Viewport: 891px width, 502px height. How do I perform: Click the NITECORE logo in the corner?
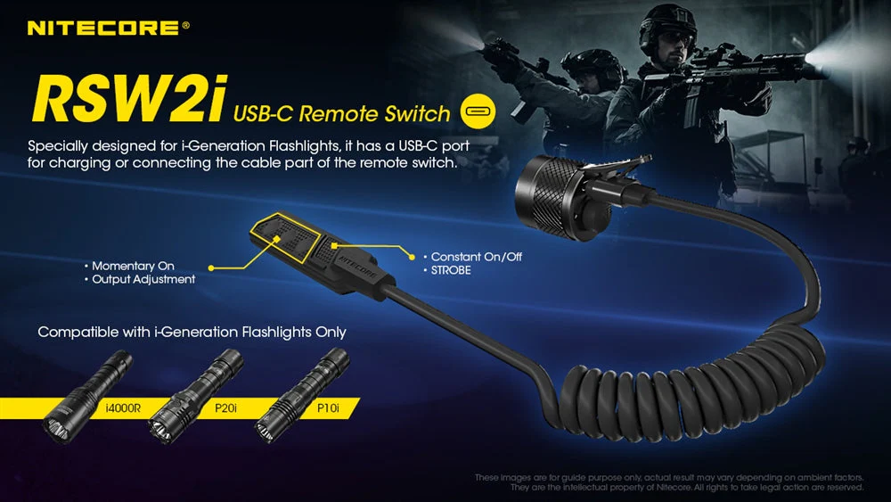click(x=108, y=28)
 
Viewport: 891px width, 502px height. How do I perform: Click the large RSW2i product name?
click(x=129, y=99)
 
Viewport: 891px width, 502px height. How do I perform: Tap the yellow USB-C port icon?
click(x=478, y=111)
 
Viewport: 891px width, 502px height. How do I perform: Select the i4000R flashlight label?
click(x=123, y=407)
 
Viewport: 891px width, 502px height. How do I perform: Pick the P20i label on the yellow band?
click(x=225, y=407)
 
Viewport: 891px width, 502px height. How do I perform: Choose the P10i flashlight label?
click(x=328, y=407)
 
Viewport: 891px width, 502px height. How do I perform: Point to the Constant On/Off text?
click(x=476, y=257)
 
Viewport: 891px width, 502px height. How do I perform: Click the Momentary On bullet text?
click(x=133, y=266)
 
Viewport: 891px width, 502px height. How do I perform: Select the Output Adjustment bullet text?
click(x=143, y=279)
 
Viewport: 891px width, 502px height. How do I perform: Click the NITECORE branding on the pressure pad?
click(x=357, y=266)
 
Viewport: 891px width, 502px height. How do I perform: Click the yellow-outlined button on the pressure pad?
click(x=285, y=238)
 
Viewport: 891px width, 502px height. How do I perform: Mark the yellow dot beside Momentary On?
click(x=211, y=267)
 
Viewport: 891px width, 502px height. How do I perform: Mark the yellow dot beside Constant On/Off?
click(x=412, y=258)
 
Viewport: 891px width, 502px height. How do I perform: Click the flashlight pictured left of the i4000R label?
click(x=86, y=397)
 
